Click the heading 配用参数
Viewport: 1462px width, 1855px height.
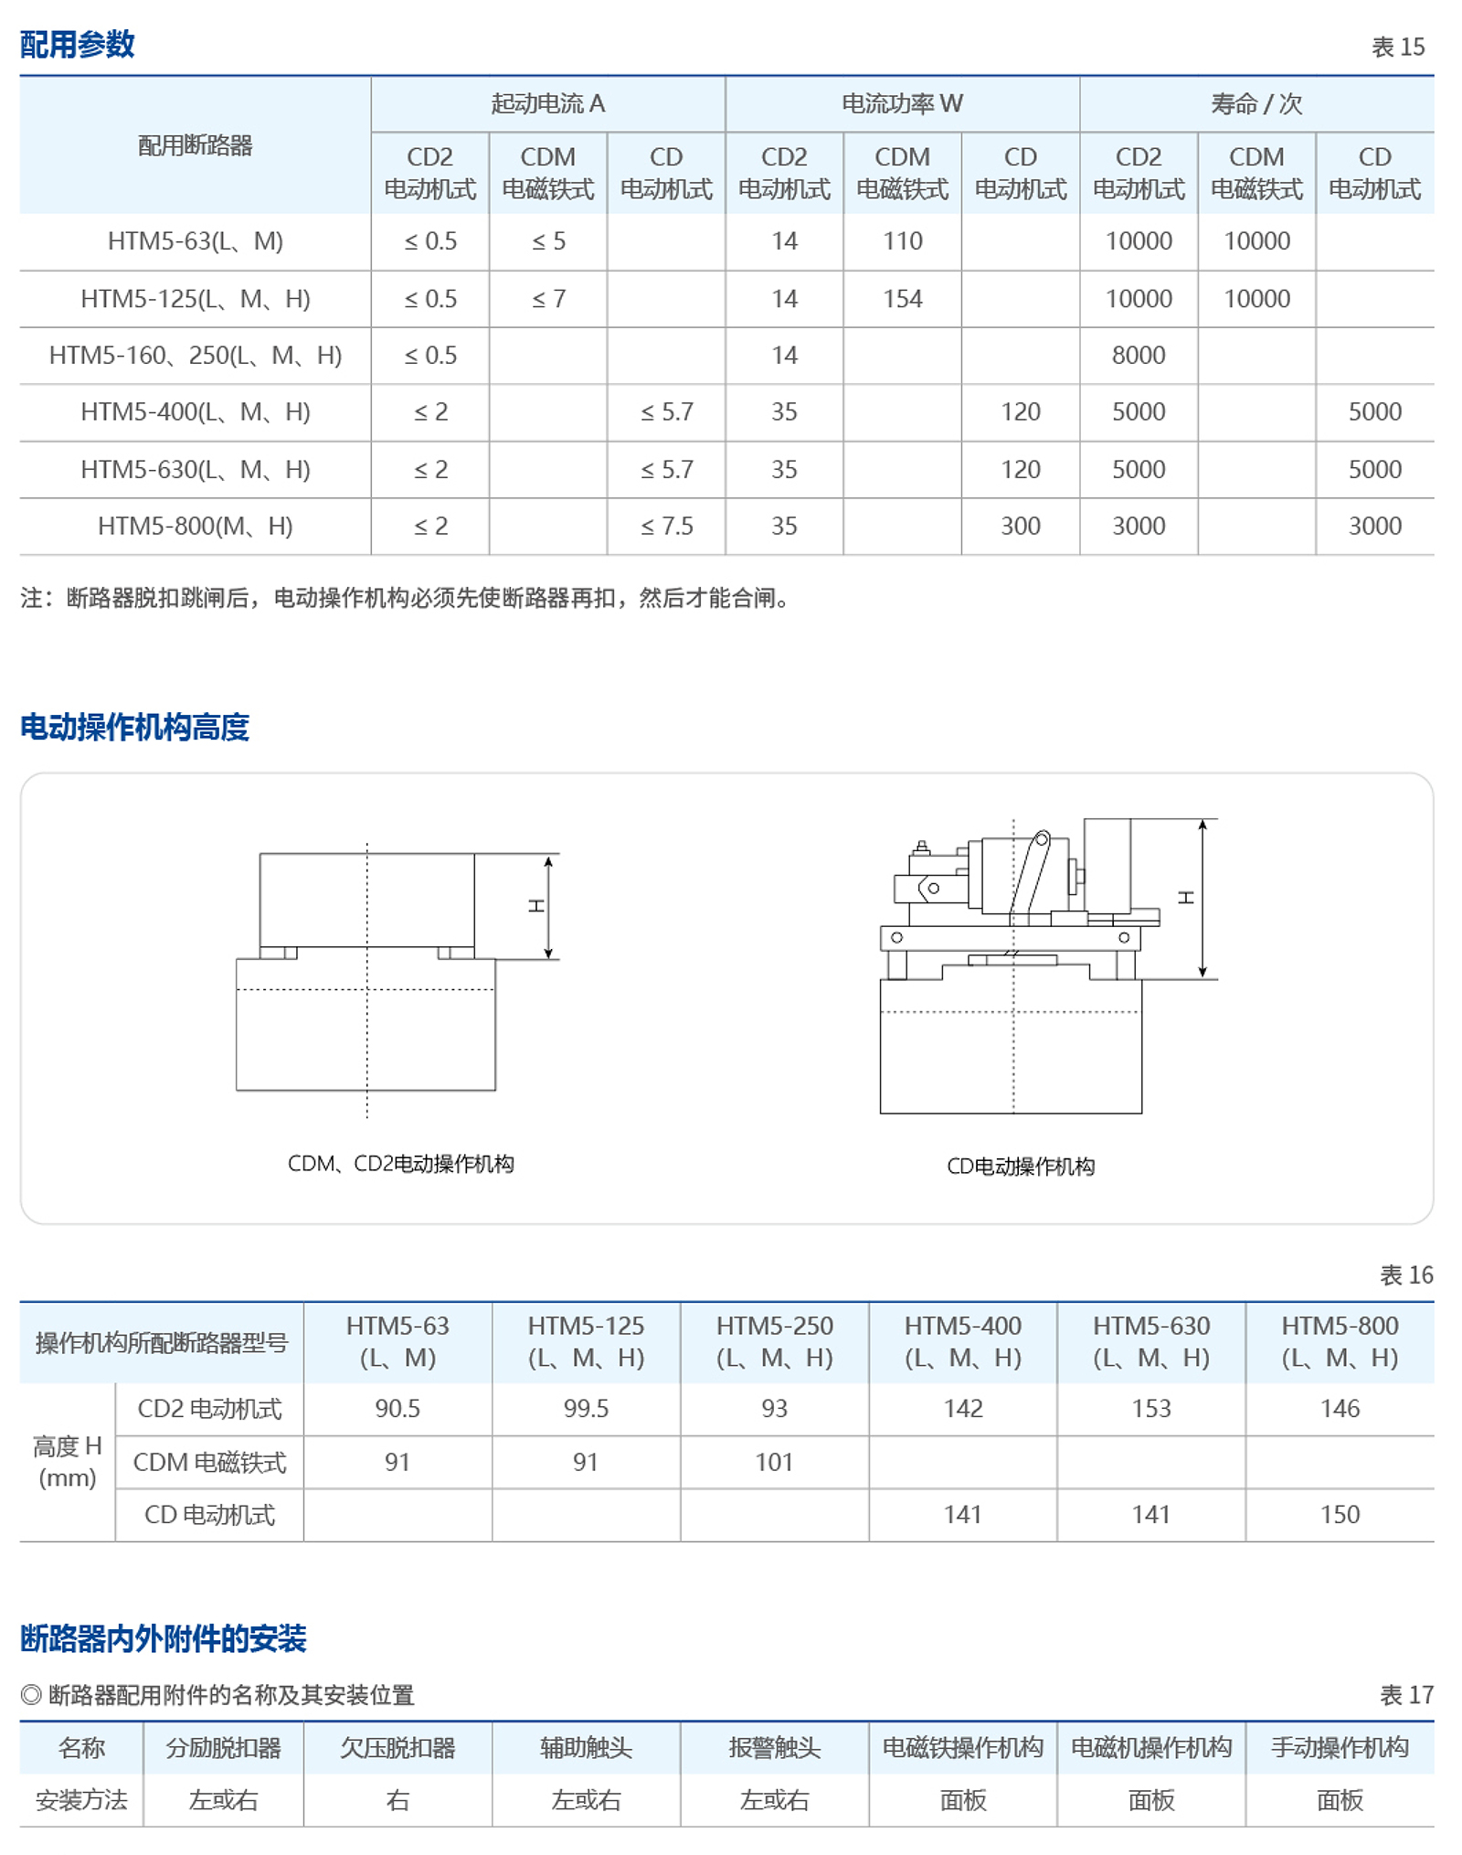(78, 44)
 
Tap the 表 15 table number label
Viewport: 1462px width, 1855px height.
(1397, 47)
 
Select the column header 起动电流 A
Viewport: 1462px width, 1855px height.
(547, 104)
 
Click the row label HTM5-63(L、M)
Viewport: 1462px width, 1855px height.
(195, 241)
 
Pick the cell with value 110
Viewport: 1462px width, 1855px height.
(902, 241)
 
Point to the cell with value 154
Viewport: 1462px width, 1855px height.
(902, 299)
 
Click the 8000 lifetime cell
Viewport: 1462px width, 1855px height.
(1138, 355)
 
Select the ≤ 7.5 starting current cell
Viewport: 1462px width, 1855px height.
(666, 526)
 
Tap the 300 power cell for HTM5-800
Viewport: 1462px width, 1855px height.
(1020, 526)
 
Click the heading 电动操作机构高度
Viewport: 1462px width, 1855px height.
(134, 727)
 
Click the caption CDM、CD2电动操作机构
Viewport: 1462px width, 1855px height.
(400, 1163)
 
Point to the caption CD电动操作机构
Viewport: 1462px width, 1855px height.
(1020, 1166)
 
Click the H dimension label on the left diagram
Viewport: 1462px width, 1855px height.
(536, 905)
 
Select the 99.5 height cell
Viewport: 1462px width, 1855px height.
(586, 1408)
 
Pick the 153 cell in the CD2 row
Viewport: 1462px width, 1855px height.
(1150, 1408)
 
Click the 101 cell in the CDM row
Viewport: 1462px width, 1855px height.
(774, 1462)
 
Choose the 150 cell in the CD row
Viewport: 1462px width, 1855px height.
(1339, 1514)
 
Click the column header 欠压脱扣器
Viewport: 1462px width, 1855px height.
(397, 1747)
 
